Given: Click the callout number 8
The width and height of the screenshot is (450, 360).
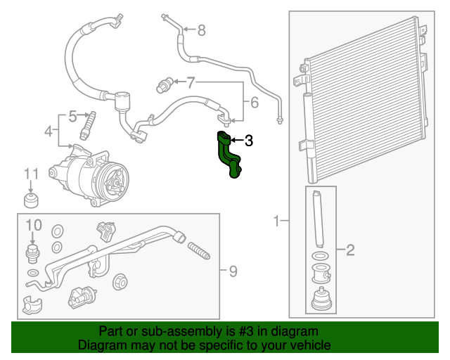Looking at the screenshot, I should tap(201, 30).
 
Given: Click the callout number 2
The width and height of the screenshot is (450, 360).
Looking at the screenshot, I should tap(350, 249).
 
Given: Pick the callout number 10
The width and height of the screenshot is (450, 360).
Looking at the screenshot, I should tap(34, 225).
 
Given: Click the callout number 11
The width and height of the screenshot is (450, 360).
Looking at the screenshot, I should tap(31, 174).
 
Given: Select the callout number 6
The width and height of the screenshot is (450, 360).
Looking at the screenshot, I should tap(254, 103).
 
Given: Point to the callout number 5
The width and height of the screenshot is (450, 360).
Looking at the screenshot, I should tap(72, 116).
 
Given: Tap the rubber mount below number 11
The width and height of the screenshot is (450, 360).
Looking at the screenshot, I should tap(31, 202).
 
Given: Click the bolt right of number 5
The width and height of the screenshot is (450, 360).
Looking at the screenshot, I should tap(89, 124).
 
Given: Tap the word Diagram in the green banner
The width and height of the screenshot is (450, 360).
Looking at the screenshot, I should tap(99, 345).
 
